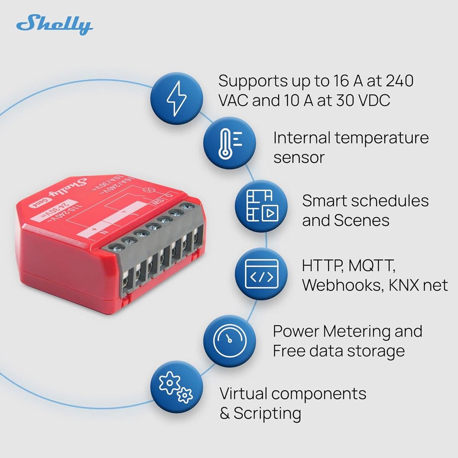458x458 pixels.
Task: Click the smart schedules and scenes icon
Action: tap(261, 206)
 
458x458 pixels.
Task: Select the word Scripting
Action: tap(267, 413)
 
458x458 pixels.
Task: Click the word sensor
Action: tap(298, 157)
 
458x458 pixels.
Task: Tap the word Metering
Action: tap(356, 332)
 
